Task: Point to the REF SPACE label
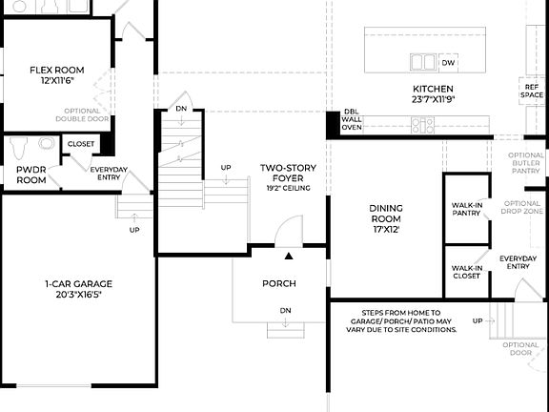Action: pos(532,92)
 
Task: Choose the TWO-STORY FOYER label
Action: pos(288,175)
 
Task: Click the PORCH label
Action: pos(279,284)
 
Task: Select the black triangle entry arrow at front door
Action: pos(287,256)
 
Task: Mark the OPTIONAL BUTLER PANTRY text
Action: pos(526,163)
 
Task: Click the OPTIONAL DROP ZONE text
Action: pos(522,208)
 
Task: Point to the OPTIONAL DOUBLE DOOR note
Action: pos(83,115)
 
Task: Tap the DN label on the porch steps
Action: pos(284,311)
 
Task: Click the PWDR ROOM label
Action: pos(31,175)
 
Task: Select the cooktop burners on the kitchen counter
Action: pos(423,123)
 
